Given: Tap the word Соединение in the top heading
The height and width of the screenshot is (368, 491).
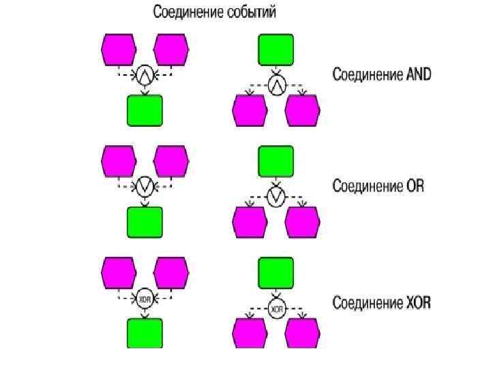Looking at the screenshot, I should pos(185,12).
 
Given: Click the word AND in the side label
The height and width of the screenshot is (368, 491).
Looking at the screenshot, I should pos(418,74).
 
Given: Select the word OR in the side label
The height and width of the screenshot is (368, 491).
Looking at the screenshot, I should pos(414,185).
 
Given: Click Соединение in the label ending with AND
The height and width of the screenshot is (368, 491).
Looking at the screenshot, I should pos(367,74).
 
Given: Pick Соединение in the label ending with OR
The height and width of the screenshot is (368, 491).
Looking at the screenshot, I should pos(367,185).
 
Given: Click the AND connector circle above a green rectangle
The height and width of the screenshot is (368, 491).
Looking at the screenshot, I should pos(144,75).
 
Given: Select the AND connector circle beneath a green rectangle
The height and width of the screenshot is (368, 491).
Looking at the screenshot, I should pos(276,85).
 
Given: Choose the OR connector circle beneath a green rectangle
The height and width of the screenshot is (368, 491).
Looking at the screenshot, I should pos(276,197).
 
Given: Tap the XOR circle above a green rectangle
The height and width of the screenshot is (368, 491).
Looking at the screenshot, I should pos(144,299).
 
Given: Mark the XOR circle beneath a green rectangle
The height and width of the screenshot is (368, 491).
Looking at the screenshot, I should pos(276,309).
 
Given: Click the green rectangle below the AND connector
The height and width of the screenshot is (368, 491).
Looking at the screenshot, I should pos(145,110).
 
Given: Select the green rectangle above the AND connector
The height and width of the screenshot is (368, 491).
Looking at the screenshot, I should pos(276,50).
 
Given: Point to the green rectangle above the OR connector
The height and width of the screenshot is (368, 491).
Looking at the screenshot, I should pos(276,162).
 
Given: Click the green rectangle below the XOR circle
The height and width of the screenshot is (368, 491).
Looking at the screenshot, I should pos(145,334).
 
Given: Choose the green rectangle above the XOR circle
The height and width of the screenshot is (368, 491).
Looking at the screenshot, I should pos(276,273).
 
